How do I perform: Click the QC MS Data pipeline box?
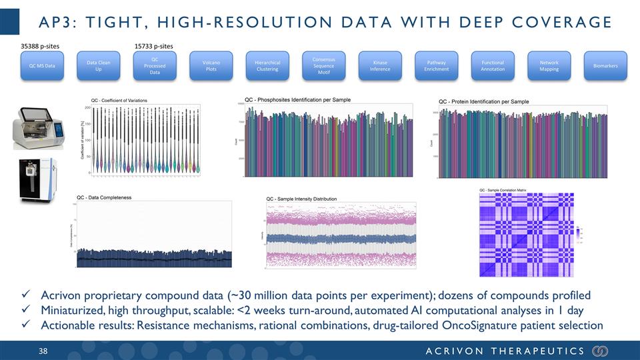pos(41,66)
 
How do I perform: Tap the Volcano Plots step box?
pos(211,66)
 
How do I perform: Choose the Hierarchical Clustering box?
pos(267,66)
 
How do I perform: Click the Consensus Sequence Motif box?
pos(323,66)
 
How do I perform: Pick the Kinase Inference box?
pos(380,66)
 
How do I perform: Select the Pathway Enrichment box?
pos(436,66)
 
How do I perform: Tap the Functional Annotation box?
pos(493,66)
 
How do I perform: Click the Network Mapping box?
pos(549,66)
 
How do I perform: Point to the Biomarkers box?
pos(605,66)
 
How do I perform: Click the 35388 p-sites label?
pos(38,46)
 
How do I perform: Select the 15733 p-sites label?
pos(154,46)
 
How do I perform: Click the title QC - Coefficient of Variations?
pos(119,100)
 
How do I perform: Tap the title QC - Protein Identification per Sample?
pos(483,101)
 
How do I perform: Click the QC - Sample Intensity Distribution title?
pos(301,199)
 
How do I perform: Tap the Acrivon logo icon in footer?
pos(600,351)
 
